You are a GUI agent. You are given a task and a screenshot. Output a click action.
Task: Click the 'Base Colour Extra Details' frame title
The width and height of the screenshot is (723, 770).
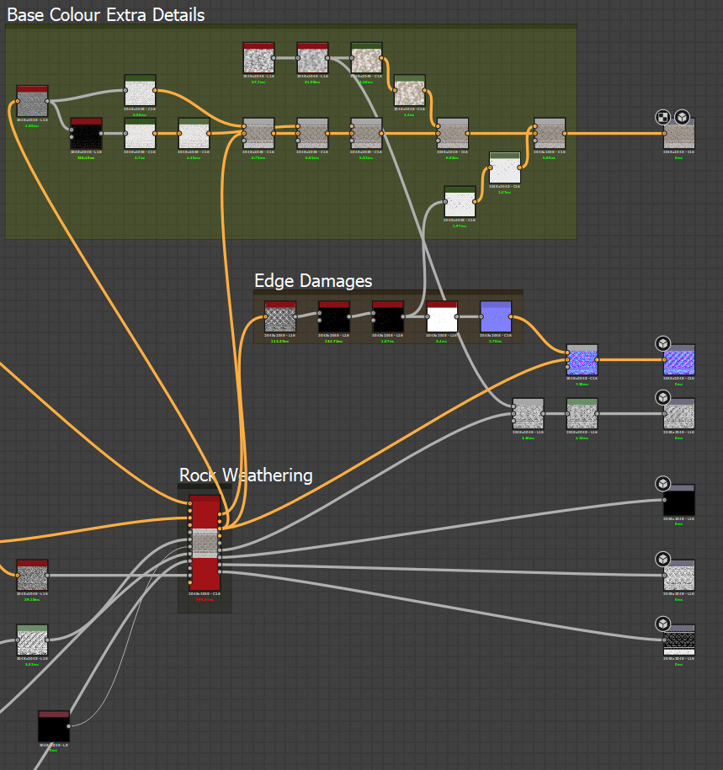pos(106,14)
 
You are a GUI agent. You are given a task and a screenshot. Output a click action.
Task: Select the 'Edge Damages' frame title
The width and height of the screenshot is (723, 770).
pos(313,280)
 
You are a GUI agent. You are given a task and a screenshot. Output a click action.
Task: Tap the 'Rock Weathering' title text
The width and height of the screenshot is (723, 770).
pos(246,475)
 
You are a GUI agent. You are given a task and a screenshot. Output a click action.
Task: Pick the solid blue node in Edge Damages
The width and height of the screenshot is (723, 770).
pos(496,317)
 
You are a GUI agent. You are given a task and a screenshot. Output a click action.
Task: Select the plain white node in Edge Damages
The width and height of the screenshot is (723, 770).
pos(442,317)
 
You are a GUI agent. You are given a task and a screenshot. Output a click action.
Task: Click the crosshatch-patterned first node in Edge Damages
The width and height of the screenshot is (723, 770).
pos(280,317)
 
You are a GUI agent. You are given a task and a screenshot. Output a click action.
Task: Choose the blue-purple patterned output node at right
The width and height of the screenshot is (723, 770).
pos(679,360)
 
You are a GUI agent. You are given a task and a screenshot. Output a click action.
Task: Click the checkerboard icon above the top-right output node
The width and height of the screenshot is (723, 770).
pos(663,117)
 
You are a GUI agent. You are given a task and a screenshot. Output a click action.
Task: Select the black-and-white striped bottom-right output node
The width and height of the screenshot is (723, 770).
pos(679,641)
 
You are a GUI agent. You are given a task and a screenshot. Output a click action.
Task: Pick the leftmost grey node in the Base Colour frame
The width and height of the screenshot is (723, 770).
pos(32,102)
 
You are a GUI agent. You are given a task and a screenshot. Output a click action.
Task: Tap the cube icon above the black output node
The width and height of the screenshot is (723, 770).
pos(663,484)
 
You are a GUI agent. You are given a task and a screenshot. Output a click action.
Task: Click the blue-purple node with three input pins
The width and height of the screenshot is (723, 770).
pos(582,360)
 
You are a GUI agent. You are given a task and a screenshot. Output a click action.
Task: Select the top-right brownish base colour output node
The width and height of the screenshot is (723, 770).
pos(679,135)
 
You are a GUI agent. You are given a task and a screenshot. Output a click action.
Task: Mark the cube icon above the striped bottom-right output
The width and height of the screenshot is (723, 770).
pos(663,624)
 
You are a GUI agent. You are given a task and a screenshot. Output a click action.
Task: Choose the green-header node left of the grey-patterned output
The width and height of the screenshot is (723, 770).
pos(582,414)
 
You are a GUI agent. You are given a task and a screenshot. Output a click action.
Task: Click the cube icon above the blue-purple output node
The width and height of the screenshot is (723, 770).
pos(663,343)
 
